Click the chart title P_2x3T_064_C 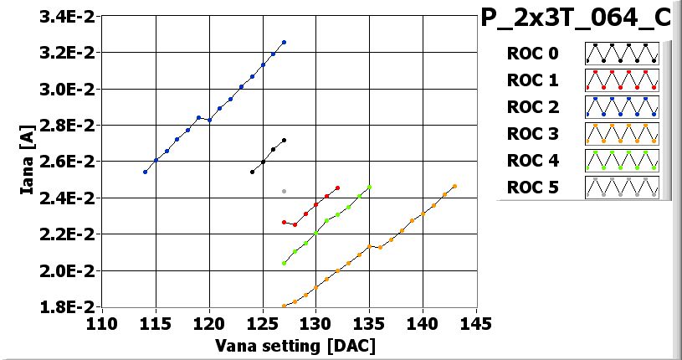(x=582, y=18)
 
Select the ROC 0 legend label (x=532, y=54)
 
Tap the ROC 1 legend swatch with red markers (x=622, y=80)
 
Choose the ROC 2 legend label (x=532, y=107)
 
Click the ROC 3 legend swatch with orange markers (x=622, y=133)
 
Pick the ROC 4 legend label (x=532, y=160)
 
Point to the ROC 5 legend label (x=532, y=187)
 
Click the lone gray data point (x=284, y=191)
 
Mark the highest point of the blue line (x=284, y=42)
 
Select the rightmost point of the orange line (x=454, y=186)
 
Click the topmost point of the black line (x=284, y=140)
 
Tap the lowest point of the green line (x=284, y=263)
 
